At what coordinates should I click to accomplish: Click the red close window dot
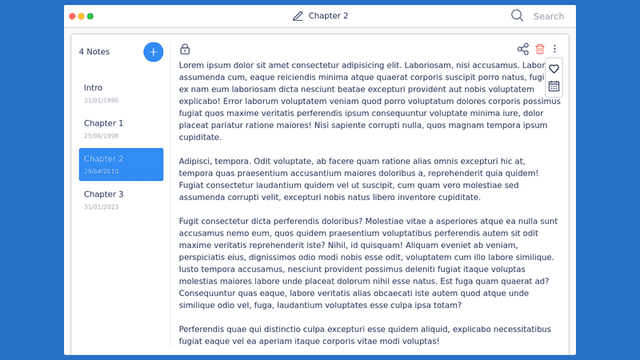(73, 16)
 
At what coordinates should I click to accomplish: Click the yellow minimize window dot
(82, 16)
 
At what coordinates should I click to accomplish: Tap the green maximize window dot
(90, 16)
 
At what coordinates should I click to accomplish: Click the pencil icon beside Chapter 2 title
(298, 16)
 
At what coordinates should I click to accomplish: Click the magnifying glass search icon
(517, 15)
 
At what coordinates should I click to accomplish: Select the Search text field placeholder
(549, 16)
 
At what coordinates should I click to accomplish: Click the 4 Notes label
(94, 52)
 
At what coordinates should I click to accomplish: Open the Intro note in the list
(93, 88)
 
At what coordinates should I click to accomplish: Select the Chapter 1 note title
(103, 123)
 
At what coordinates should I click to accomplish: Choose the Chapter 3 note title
(103, 194)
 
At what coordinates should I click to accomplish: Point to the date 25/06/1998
(101, 136)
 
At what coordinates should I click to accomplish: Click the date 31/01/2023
(101, 206)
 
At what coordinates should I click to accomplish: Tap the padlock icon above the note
(185, 50)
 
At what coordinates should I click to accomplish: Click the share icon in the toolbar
(523, 50)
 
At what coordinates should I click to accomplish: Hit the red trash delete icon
(540, 50)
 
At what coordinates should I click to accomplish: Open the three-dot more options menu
(554, 50)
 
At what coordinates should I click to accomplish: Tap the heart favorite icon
(554, 70)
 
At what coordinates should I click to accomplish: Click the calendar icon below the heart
(554, 86)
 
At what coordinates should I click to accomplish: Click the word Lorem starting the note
(193, 65)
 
